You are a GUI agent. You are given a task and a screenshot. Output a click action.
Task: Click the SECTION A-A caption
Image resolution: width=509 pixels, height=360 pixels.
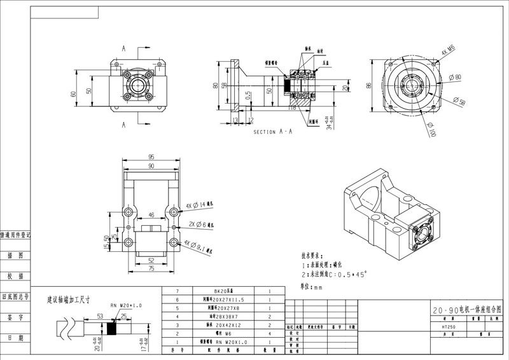point(272,132)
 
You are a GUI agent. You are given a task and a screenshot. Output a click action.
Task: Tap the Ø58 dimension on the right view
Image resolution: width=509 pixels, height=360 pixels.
point(458,102)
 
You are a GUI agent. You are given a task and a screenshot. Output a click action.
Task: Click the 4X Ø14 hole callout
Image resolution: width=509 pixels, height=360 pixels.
point(202,206)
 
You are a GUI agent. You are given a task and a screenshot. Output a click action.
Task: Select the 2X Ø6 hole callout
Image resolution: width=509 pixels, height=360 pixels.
point(202,225)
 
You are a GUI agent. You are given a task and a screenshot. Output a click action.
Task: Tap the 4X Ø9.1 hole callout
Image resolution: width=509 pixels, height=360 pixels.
point(203,244)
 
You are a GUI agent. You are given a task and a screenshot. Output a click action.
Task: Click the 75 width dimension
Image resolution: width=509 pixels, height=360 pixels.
point(151,269)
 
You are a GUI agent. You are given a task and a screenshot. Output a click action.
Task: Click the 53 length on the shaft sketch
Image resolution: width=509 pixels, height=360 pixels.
point(101,315)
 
